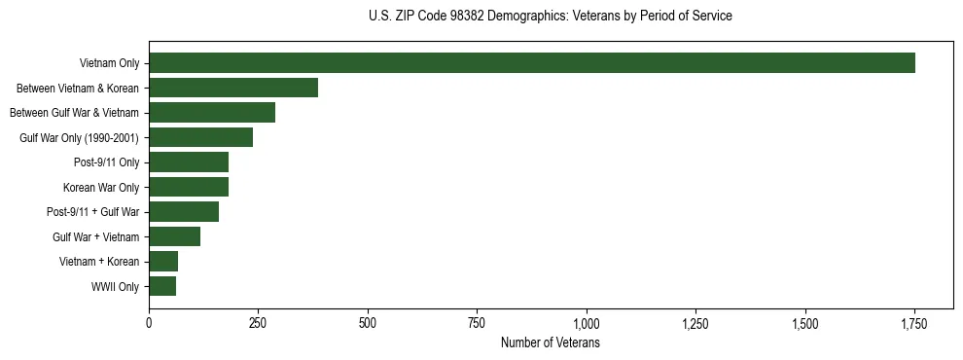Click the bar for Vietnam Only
pyautogui.click(x=532, y=63)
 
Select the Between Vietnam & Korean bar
pyautogui.click(x=233, y=88)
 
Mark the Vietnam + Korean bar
pyautogui.click(x=163, y=262)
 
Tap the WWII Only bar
pyautogui.click(x=162, y=286)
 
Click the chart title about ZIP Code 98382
pyautogui.click(x=551, y=16)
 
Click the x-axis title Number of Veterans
pyautogui.click(x=551, y=343)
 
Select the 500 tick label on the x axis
pyautogui.click(x=368, y=323)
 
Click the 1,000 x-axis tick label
pyautogui.click(x=587, y=323)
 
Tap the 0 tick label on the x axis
pyautogui.click(x=149, y=323)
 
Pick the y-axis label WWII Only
pyautogui.click(x=115, y=287)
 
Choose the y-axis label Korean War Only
pyautogui.click(x=101, y=188)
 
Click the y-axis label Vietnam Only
pyautogui.click(x=109, y=64)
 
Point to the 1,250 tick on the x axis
pyautogui.click(x=695, y=323)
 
